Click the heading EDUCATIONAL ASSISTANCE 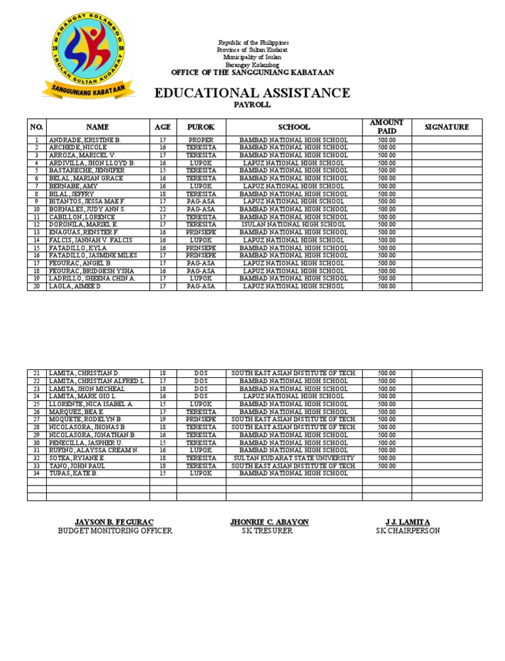coord(252,93)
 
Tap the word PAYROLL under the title coord(252,105)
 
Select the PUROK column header coord(201,127)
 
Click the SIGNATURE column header coord(446,127)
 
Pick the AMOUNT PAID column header coord(387,127)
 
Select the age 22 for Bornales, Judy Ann coord(162,209)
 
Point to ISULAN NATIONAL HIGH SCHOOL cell coord(293,225)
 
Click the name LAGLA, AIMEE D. coord(76,286)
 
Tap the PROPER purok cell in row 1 coord(201,141)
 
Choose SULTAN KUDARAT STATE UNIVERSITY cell coord(293,458)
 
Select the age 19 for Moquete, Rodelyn coord(162,419)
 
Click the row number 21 coord(37,373)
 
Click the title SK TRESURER coord(268,531)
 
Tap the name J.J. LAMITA coord(408,522)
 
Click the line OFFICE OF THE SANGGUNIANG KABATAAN coord(252,72)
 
